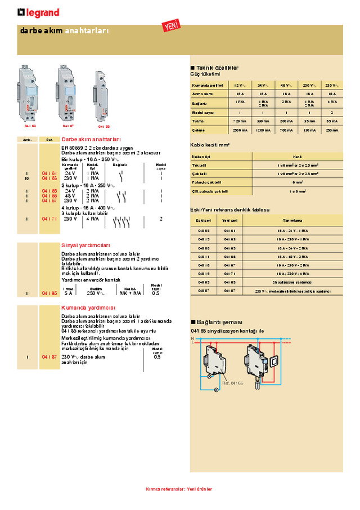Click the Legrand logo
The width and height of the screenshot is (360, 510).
pyautogui.click(x=38, y=12)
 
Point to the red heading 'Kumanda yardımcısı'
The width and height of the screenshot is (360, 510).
pyautogui.click(x=88, y=308)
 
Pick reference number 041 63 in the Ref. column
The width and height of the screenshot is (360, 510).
pyautogui.click(x=49, y=178)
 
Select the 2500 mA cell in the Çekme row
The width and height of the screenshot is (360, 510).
pyautogui.click(x=240, y=130)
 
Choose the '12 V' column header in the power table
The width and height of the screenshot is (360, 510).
pyautogui.click(x=240, y=85)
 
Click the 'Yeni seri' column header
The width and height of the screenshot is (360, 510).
pyautogui.click(x=230, y=221)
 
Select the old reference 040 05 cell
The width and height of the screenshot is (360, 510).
pyautogui.click(x=203, y=230)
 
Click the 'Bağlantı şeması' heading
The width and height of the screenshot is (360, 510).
pyautogui.click(x=216, y=321)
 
